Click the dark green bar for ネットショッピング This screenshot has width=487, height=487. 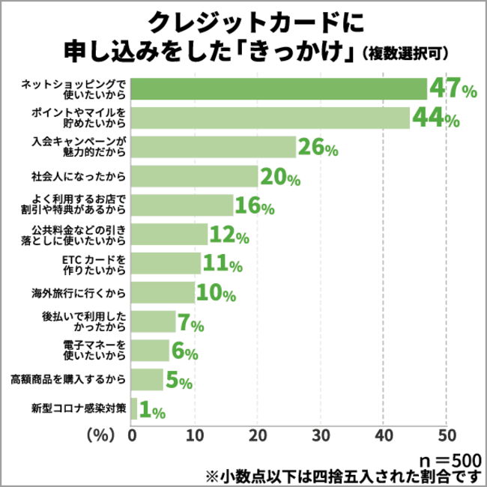pyautogui.click(x=279, y=89)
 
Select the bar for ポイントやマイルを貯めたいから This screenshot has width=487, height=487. pyautogui.click(x=270, y=118)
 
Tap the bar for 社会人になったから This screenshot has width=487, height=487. pyautogui.click(x=195, y=177)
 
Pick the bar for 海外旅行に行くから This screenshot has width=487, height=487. pyautogui.click(x=163, y=292)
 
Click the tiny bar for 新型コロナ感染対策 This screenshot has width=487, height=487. pyautogui.click(x=134, y=409)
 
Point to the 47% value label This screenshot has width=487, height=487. pyautogui.click(x=453, y=89)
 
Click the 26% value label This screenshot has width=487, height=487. pyautogui.click(x=318, y=148)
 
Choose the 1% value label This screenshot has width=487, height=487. pyautogui.click(x=153, y=410)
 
